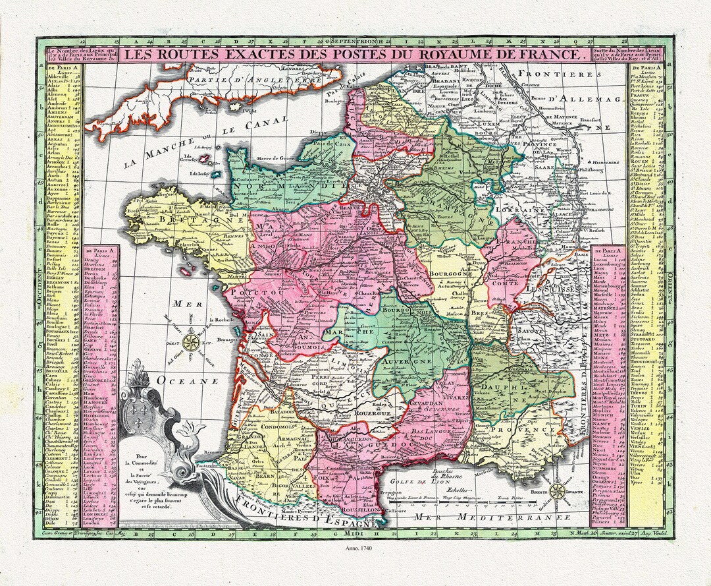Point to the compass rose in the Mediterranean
tap(557, 491)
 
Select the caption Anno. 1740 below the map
tap(355, 549)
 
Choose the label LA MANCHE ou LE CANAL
tap(204, 140)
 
